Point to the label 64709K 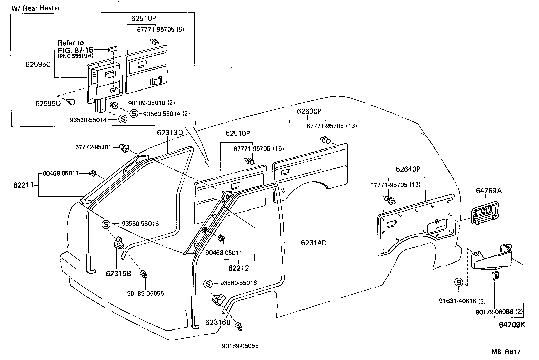pyautogui.click(x=512, y=325)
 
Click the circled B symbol pyautogui.click(x=459, y=282)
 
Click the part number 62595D pyautogui.click(x=48, y=104)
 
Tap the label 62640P pyautogui.click(x=408, y=169)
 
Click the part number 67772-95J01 pyautogui.click(x=93, y=147)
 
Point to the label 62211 pyautogui.click(x=23, y=185)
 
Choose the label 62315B pyautogui.click(x=118, y=274)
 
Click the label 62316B pyautogui.click(x=218, y=322)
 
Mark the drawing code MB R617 pyautogui.click(x=506, y=352)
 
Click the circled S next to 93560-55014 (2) pyautogui.click(x=134, y=113)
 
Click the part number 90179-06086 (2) pyautogui.click(x=498, y=312)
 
